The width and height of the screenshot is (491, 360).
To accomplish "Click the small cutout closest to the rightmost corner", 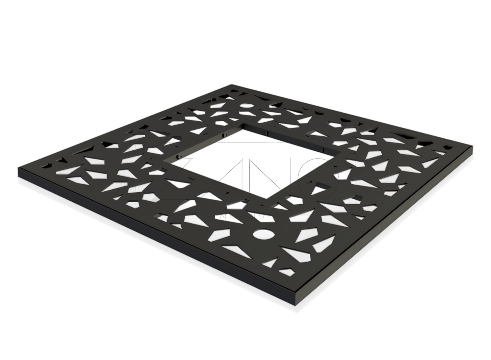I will click(448, 147).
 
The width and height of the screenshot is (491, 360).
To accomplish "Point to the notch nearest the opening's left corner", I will click(180, 155).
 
